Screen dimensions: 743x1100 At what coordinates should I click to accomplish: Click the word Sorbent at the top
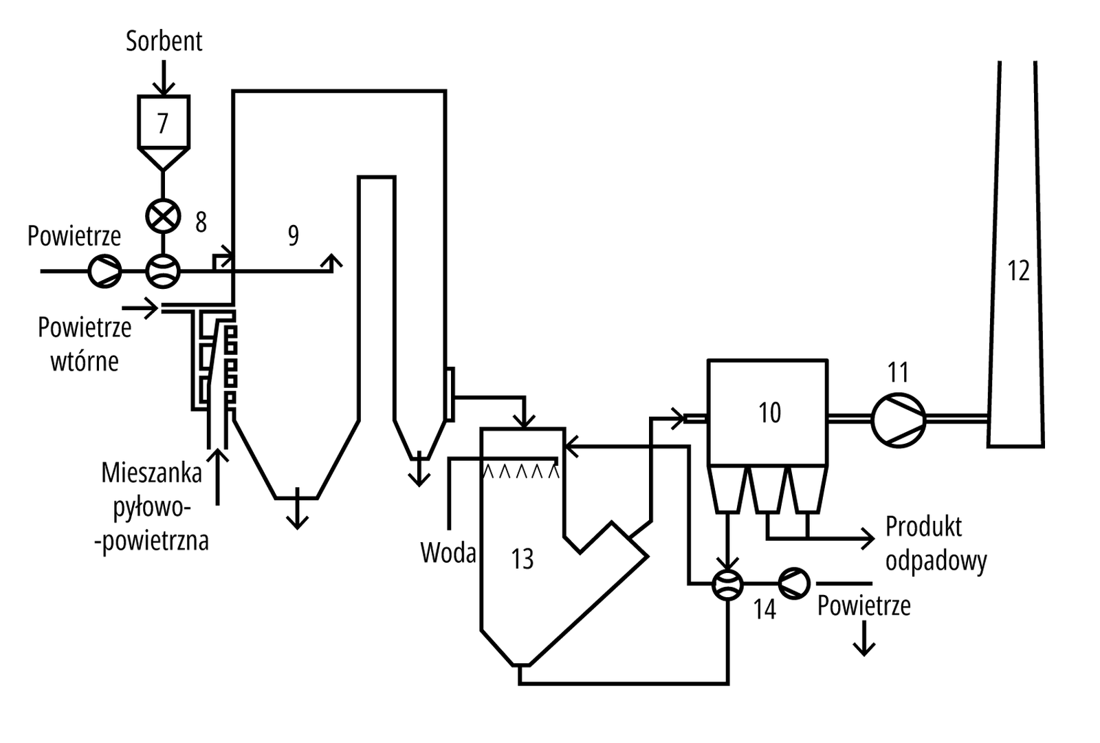click(164, 41)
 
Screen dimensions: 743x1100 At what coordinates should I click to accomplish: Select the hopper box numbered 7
click(163, 124)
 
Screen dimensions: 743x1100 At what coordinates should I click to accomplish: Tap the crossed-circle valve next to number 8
click(163, 217)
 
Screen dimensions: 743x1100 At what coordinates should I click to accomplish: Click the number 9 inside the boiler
click(294, 236)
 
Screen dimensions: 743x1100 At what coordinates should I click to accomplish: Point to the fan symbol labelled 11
click(898, 418)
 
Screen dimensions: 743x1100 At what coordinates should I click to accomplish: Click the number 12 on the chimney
click(1018, 271)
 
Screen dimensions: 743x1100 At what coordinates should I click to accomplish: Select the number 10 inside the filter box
click(769, 413)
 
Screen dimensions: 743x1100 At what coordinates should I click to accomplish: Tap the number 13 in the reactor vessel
click(522, 559)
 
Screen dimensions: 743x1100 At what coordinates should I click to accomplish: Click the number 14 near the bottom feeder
click(764, 610)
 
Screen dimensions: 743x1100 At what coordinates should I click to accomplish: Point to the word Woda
click(448, 552)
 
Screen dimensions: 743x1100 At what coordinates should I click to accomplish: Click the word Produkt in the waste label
click(923, 527)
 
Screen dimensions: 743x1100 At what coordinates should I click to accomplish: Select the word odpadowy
click(936, 561)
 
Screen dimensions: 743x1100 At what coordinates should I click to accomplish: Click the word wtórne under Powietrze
click(85, 361)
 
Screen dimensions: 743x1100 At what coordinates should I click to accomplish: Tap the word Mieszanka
click(151, 473)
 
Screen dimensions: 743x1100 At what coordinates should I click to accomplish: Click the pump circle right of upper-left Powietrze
click(104, 271)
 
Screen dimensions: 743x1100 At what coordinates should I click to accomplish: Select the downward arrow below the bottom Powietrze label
click(863, 640)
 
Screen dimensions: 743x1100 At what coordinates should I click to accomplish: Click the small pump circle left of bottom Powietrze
click(794, 583)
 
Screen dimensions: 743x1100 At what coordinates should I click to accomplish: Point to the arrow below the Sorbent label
click(164, 79)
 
